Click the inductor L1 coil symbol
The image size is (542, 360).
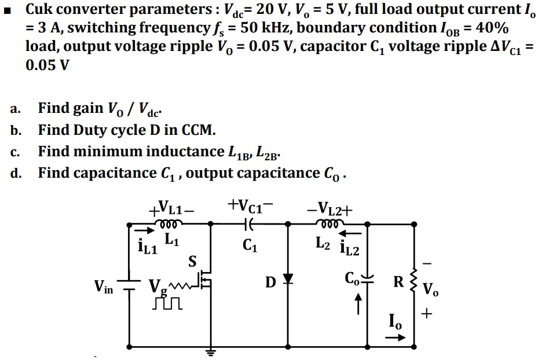click(x=167, y=223)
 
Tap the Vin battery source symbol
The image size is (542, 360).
click(x=129, y=285)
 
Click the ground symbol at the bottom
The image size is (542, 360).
click(x=210, y=351)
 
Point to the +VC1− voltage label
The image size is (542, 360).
click(x=250, y=206)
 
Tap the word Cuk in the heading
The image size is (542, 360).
click(x=39, y=9)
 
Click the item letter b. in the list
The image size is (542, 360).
click(x=18, y=130)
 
